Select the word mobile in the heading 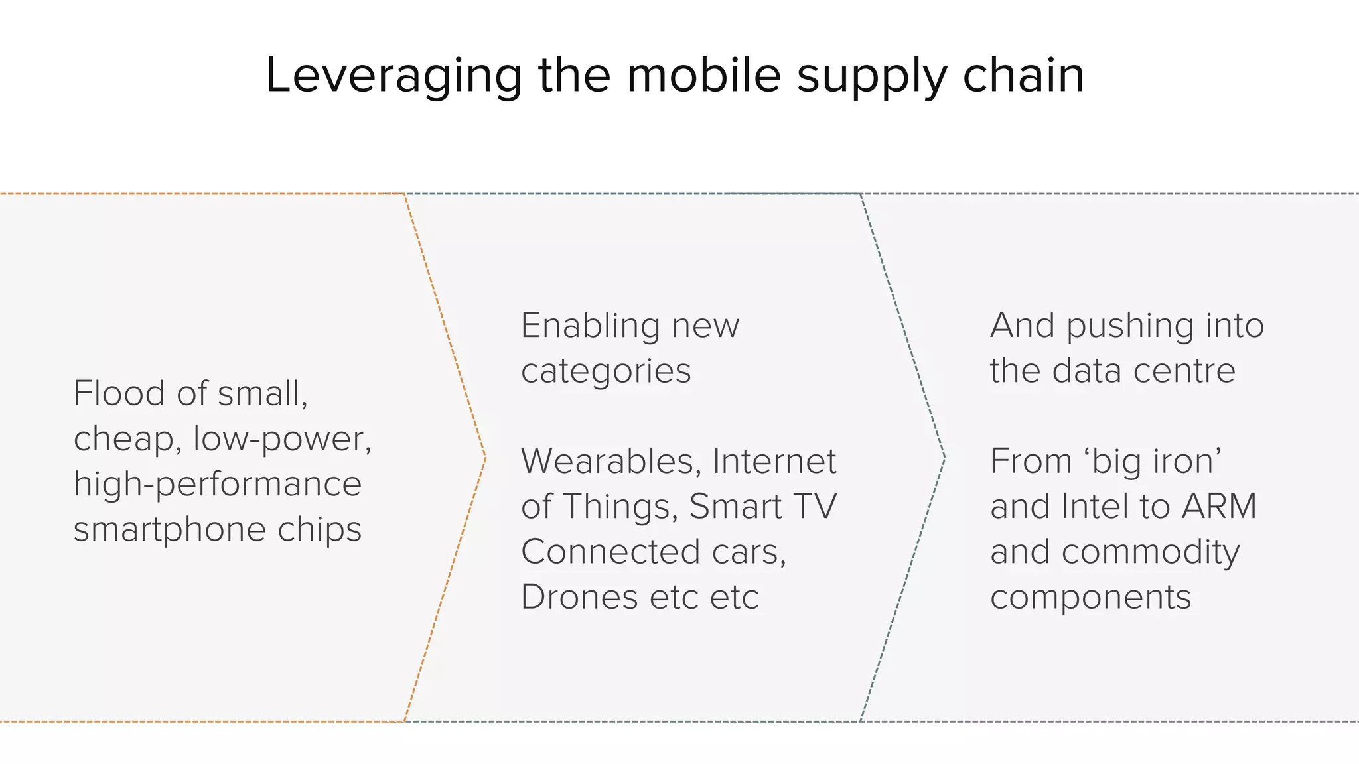click(703, 75)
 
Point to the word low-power click(281, 439)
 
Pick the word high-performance click(218, 484)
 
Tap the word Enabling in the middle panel click(589, 326)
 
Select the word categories click(605, 371)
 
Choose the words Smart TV click(763, 507)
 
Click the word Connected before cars click(610, 552)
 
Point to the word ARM click(1219, 507)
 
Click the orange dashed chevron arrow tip click(485, 458)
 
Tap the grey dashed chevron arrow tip click(944, 458)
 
